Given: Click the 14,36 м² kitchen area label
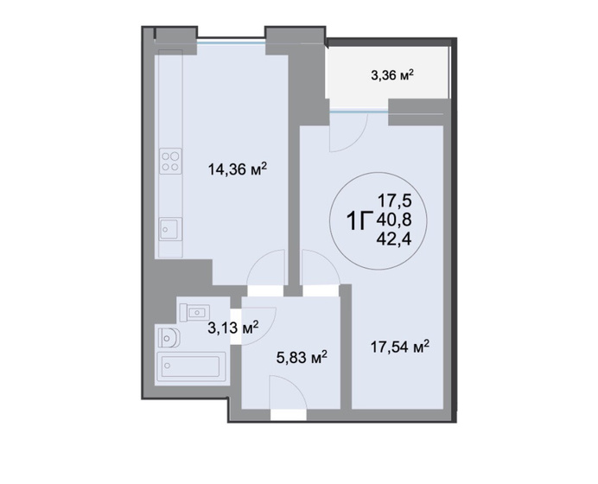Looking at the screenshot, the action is click(237, 169).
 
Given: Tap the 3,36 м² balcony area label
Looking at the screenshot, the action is click(392, 75).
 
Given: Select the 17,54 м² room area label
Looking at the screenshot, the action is click(400, 347).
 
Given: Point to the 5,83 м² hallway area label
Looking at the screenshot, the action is click(302, 358).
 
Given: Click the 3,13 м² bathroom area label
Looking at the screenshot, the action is click(233, 328).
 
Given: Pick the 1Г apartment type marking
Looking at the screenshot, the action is click(359, 221).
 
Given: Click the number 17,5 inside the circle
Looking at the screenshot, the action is click(395, 200).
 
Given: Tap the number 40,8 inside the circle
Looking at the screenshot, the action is click(394, 220).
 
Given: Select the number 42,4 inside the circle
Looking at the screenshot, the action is click(394, 239).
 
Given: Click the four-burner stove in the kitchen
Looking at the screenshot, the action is click(170, 162).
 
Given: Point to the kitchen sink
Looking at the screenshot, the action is click(170, 228).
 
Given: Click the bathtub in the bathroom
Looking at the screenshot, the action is click(191, 367).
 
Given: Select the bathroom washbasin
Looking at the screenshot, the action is click(195, 313).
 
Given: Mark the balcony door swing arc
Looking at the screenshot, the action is click(357, 142).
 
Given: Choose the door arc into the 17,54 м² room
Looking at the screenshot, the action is click(327, 259).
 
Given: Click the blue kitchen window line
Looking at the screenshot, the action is click(231, 42).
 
